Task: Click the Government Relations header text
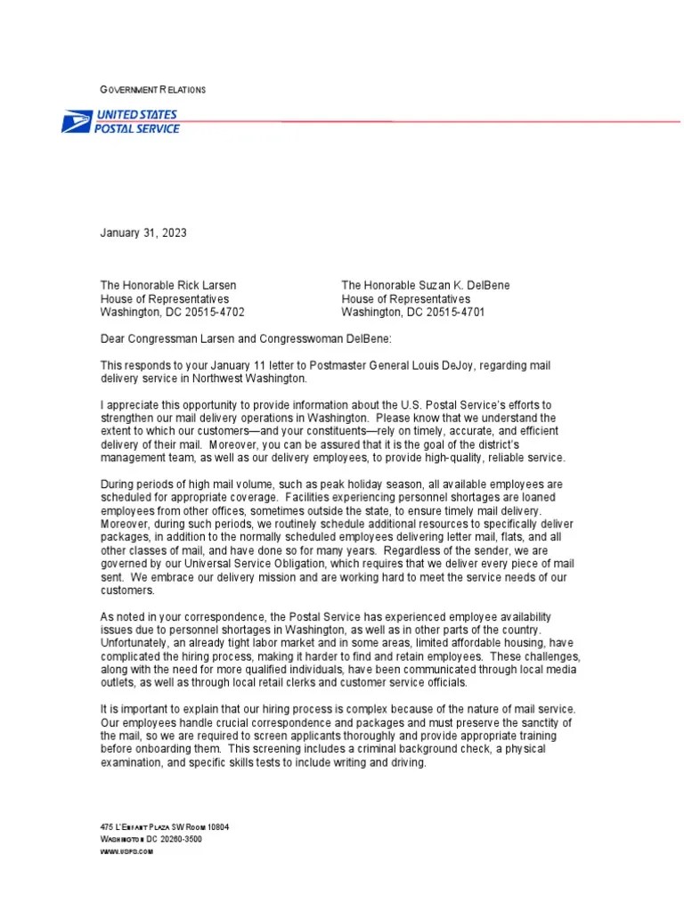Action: click(x=152, y=90)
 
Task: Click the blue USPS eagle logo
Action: click(x=76, y=122)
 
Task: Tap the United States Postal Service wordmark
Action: click(x=137, y=122)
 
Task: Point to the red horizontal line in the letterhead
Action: click(x=427, y=120)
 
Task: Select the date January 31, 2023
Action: click(x=143, y=233)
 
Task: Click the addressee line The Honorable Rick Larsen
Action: click(x=168, y=286)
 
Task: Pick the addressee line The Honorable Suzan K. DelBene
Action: click(x=425, y=286)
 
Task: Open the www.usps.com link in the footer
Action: click(x=126, y=852)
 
